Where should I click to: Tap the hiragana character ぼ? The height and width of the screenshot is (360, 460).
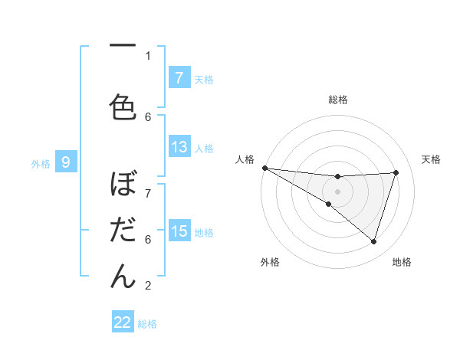[x=123, y=187]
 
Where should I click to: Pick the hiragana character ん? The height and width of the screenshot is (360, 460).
[x=123, y=277]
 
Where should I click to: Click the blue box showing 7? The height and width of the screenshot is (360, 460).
[x=179, y=78]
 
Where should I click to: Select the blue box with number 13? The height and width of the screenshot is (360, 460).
[x=179, y=148]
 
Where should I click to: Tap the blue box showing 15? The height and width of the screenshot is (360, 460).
[x=179, y=231]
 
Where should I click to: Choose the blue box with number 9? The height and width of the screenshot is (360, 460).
[x=66, y=162]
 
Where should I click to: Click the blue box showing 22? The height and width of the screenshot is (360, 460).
[x=123, y=322]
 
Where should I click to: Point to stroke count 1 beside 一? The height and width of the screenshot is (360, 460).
[x=148, y=55]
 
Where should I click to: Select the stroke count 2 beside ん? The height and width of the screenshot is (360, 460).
[x=148, y=286]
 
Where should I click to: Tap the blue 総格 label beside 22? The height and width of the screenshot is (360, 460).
[x=147, y=324]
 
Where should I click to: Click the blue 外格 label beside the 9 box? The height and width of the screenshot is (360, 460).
[x=41, y=163]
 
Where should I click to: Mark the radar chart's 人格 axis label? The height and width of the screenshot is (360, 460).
[x=245, y=159]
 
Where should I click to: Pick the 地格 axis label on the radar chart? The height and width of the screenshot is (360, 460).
[x=402, y=262]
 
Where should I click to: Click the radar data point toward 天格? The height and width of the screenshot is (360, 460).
[x=396, y=172]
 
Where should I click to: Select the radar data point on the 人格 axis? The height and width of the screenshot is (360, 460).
[x=264, y=167]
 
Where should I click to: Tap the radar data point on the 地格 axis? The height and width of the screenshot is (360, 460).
[x=373, y=241]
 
